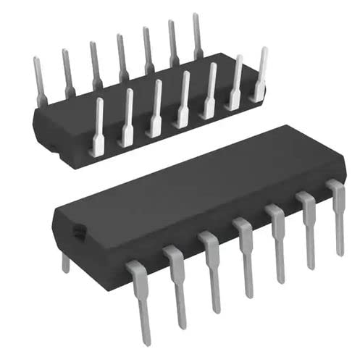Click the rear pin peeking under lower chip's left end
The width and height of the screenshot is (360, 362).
(x=66, y=263)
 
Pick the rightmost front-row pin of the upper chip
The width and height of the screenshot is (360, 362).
(x=260, y=72)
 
